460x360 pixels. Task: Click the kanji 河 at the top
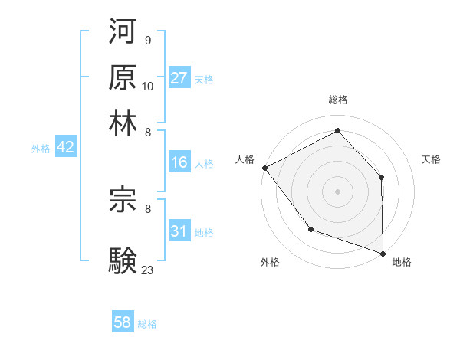click(123, 32)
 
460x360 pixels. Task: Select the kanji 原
click(123, 77)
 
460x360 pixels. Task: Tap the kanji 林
click(123, 123)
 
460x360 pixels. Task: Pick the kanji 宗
click(123, 198)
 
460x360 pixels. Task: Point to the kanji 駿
click(123, 258)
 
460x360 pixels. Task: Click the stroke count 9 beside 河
click(147, 41)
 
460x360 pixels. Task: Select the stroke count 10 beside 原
click(148, 86)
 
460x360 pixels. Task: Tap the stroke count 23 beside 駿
click(148, 269)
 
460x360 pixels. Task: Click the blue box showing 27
click(179, 78)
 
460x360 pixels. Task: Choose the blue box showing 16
click(179, 162)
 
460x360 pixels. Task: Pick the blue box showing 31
click(179, 231)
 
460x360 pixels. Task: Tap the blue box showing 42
click(65, 148)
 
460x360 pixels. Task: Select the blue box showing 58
click(123, 323)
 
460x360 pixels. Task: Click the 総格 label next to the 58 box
click(147, 324)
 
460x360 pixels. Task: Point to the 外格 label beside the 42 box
click(41, 149)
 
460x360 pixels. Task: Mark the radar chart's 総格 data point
click(337, 130)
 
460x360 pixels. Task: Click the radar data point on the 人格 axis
click(264, 168)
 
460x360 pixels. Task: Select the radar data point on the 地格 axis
click(383, 252)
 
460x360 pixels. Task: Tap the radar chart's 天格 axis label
click(432, 159)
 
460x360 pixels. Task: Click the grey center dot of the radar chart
click(337, 191)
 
